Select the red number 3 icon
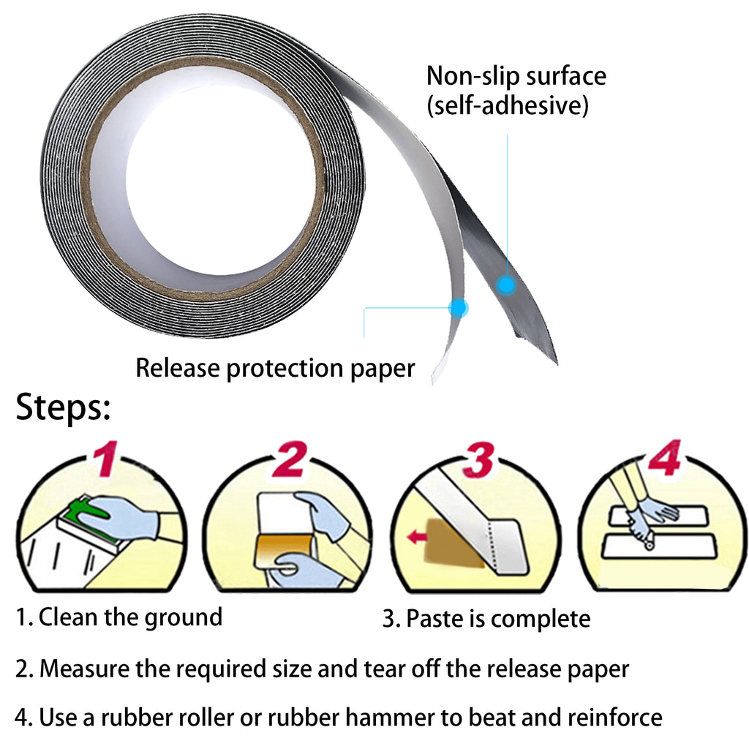(x=481, y=459)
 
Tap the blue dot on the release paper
(x=458, y=308)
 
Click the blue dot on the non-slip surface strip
(x=505, y=285)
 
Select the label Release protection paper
(x=275, y=368)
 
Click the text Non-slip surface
(x=516, y=76)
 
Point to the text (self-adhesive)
(x=508, y=106)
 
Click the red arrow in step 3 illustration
(x=418, y=538)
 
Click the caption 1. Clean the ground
(x=119, y=617)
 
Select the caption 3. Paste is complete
(x=486, y=620)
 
